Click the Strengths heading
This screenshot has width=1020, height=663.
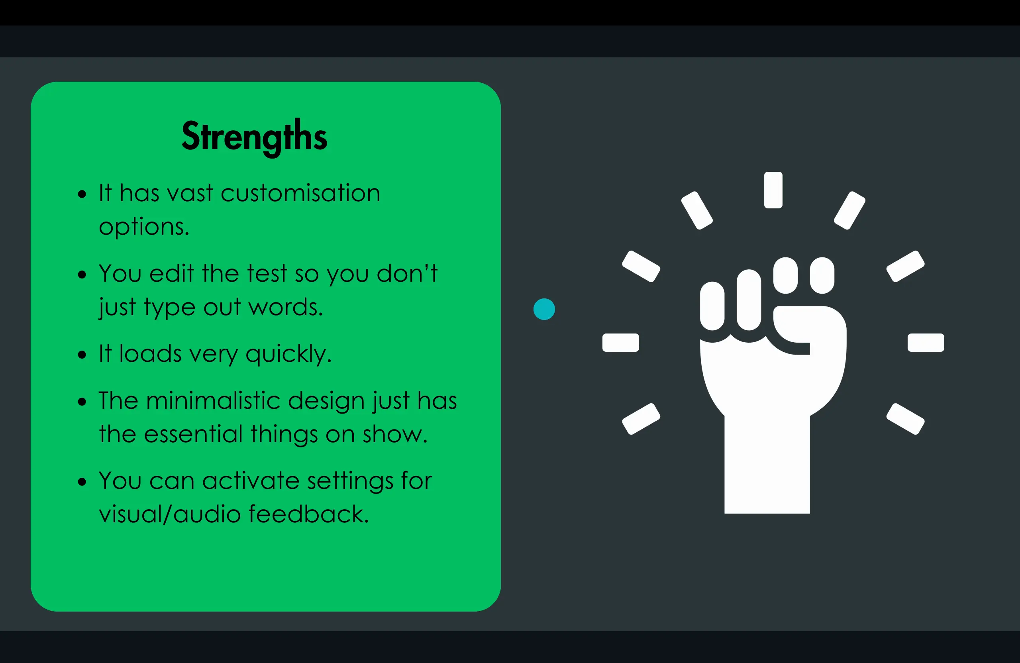pyautogui.click(x=254, y=136)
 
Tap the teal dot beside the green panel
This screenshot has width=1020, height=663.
pyautogui.click(x=544, y=309)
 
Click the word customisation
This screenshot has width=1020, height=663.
pyautogui.click(x=300, y=193)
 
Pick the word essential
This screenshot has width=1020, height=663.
pyautogui.click(x=193, y=434)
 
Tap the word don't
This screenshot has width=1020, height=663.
pyautogui.click(x=407, y=273)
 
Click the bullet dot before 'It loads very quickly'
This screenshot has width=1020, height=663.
pyautogui.click(x=82, y=355)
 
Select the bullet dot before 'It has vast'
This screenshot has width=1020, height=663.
pyautogui.click(x=82, y=194)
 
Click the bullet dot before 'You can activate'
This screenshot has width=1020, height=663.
pyautogui.click(x=82, y=482)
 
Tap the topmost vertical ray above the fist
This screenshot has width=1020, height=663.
pyautogui.click(x=773, y=190)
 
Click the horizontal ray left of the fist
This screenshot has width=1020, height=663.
pyautogui.click(x=620, y=342)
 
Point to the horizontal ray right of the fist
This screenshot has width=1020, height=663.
pyautogui.click(x=926, y=342)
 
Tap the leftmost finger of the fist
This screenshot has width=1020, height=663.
pyautogui.click(x=712, y=306)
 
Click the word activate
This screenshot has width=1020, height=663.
pyautogui.click(x=251, y=481)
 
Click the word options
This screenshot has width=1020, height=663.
pyautogui.click(x=143, y=227)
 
